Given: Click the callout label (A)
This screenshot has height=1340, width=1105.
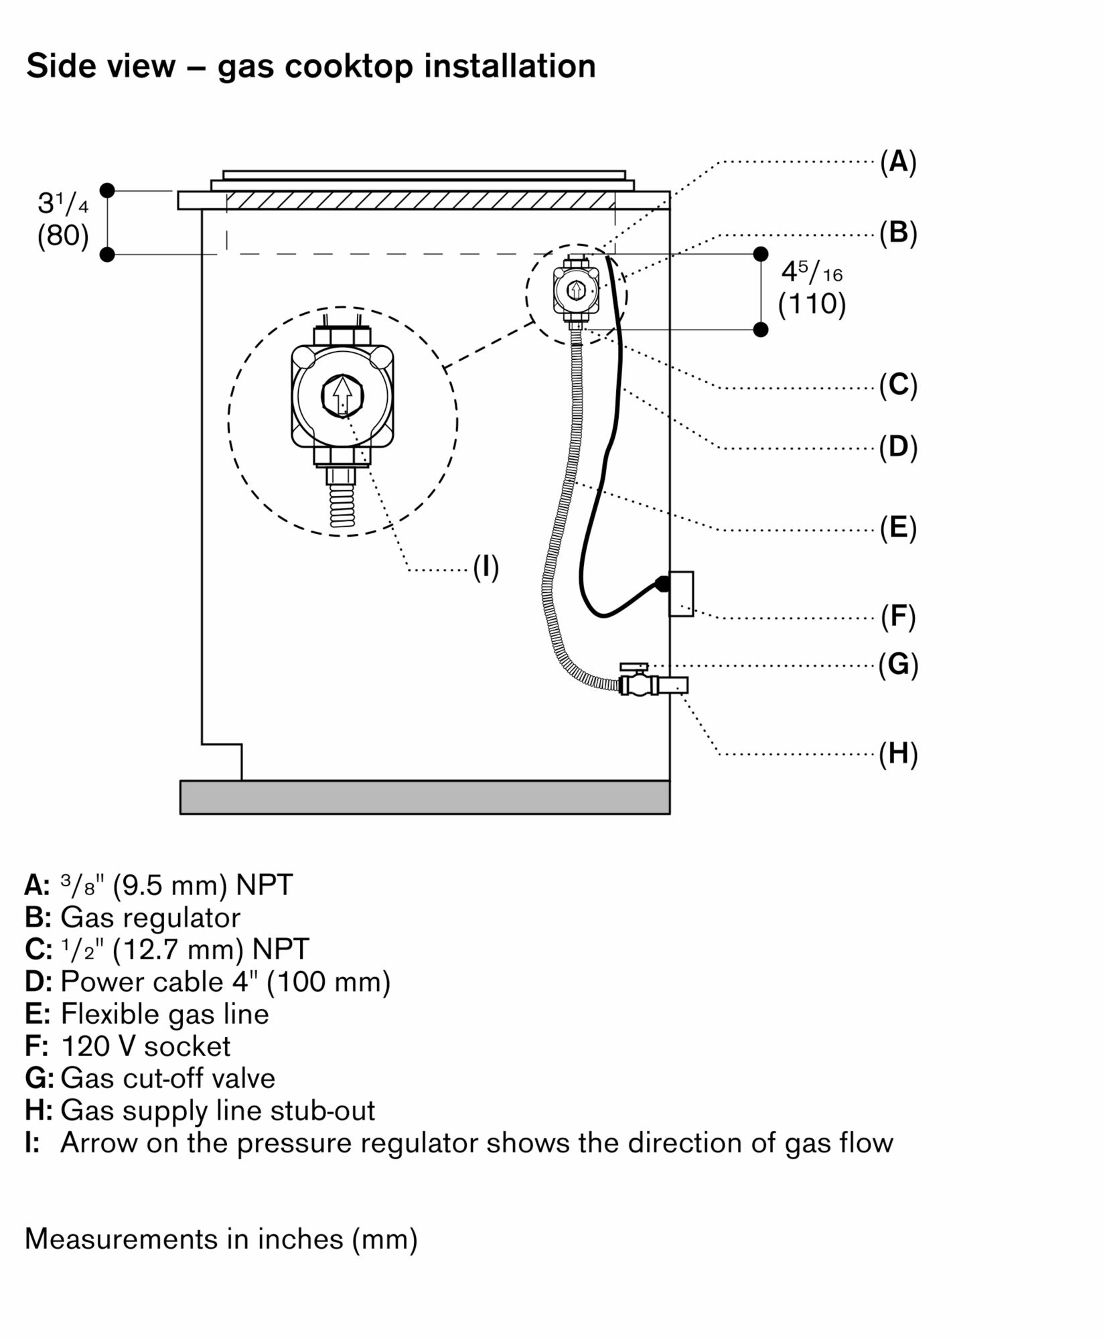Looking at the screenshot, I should tap(897, 162).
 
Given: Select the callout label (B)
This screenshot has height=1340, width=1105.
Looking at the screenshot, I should tap(897, 233).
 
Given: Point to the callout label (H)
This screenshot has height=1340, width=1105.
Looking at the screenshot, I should tap(897, 754).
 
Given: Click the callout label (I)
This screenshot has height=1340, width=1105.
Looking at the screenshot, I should tap(486, 567).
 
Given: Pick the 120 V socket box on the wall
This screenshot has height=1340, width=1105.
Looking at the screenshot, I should tap(682, 594).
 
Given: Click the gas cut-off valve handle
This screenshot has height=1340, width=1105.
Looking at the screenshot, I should tap(634, 667).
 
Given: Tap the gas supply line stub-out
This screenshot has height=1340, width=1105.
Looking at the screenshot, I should tap(674, 685).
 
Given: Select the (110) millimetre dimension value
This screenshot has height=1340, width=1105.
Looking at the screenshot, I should tap(812, 305).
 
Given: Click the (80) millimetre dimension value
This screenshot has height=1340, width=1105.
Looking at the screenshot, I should tap(63, 236).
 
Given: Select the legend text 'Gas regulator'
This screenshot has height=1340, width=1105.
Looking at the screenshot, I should tap(150, 917).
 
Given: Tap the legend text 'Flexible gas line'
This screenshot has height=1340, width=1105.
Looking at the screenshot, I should tap(165, 1014).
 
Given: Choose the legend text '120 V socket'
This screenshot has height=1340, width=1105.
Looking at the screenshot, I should tap(145, 1046).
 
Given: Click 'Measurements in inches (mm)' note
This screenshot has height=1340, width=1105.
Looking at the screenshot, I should tap(221, 1239).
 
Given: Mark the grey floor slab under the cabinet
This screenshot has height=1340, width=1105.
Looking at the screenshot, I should tap(425, 797).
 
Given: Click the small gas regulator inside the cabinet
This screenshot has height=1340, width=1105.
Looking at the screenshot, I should tap(576, 291).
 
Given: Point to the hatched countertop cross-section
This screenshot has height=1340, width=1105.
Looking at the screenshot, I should tap(421, 200).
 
